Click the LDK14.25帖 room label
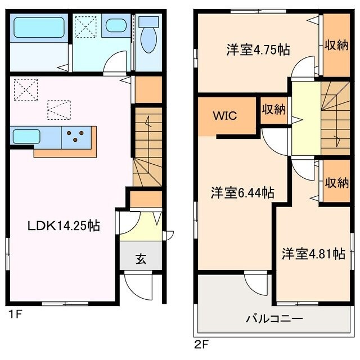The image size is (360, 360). pos(64,226)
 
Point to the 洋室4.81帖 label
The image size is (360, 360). pos(313,254)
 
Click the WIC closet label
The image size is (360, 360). pos(224,116)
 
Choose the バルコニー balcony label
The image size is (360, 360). pos(274,318)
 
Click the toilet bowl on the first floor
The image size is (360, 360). pos(148,39)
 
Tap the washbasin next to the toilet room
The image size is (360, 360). pos(116,26)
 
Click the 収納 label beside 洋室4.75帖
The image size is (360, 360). pos(337,45)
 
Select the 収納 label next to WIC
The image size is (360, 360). pos(273,110)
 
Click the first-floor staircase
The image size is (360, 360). pos(147,147)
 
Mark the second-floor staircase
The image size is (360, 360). pos(335,118)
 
